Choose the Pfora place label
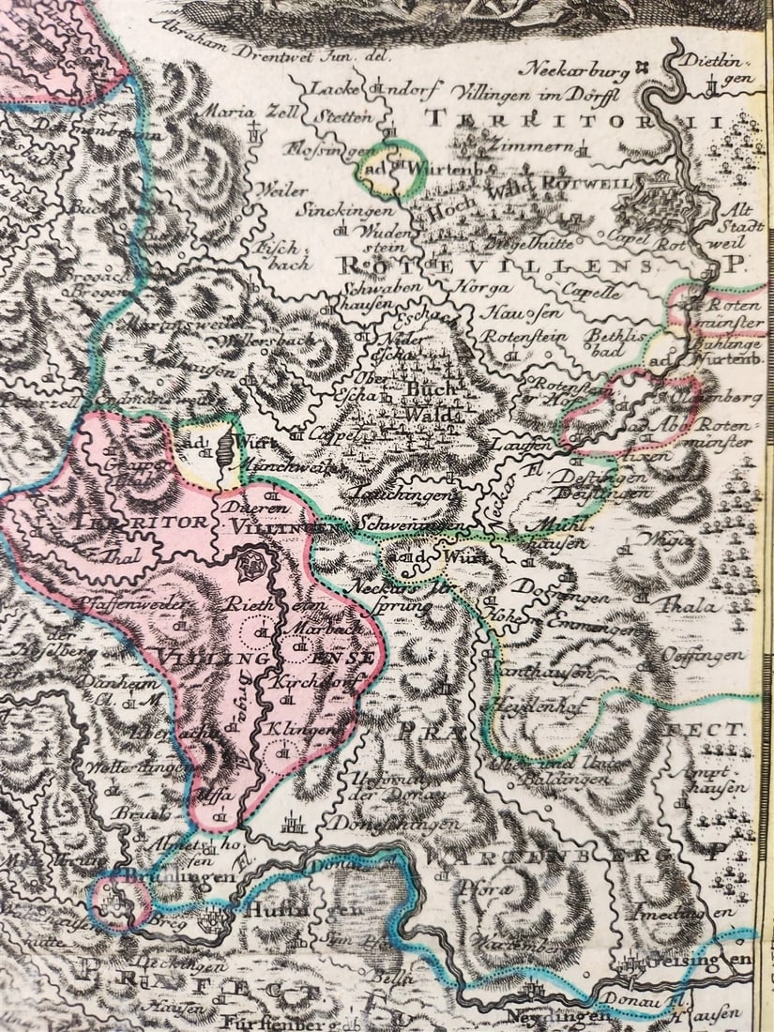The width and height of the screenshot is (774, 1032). pyautogui.click(x=487, y=887)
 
